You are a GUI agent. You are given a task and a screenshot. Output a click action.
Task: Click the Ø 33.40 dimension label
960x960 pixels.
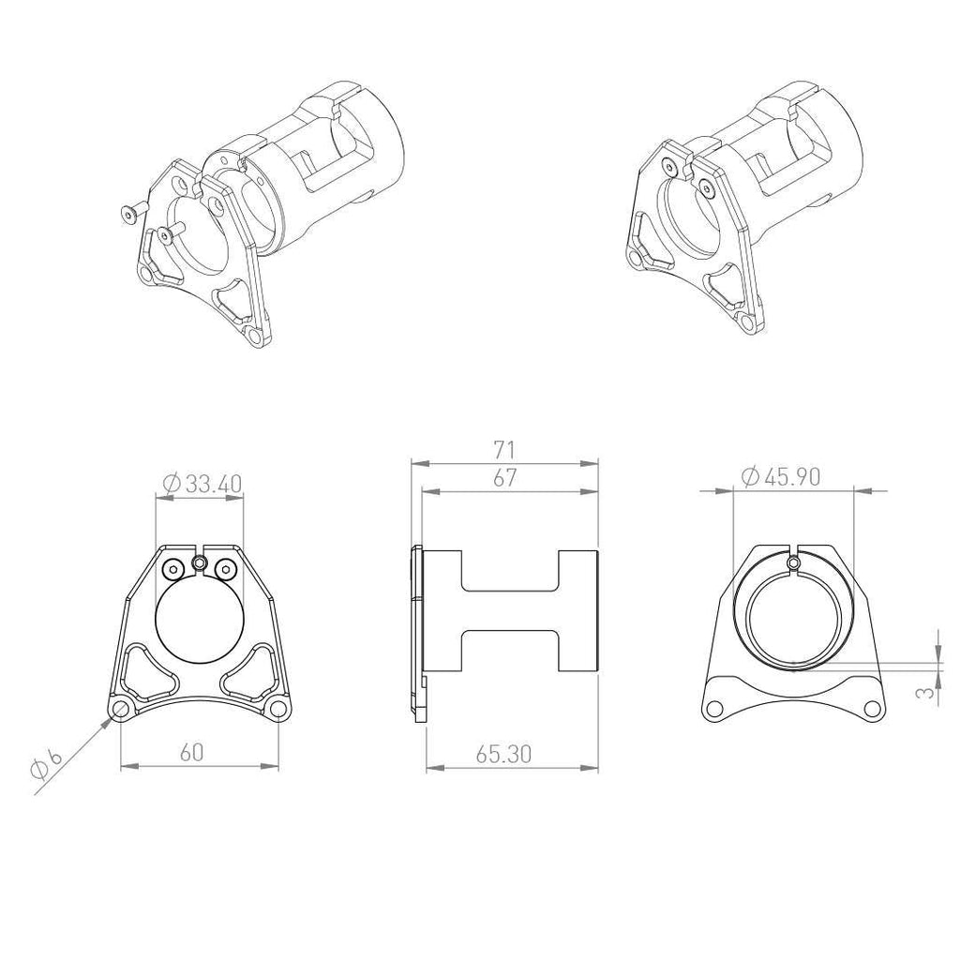point(203,484)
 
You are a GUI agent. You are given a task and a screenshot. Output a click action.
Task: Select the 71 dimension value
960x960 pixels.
point(504,450)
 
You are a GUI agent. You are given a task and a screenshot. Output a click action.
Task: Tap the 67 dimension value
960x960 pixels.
point(504,477)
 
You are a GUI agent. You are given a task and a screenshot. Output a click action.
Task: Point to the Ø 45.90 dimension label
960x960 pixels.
point(781,476)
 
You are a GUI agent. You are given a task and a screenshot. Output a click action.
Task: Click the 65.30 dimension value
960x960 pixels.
point(503,755)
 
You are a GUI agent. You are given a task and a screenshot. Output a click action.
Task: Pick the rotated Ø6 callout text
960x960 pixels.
point(47,764)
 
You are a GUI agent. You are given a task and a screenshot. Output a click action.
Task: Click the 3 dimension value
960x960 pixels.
point(928,691)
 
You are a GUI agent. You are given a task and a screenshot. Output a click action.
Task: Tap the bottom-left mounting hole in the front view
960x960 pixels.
point(121,710)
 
